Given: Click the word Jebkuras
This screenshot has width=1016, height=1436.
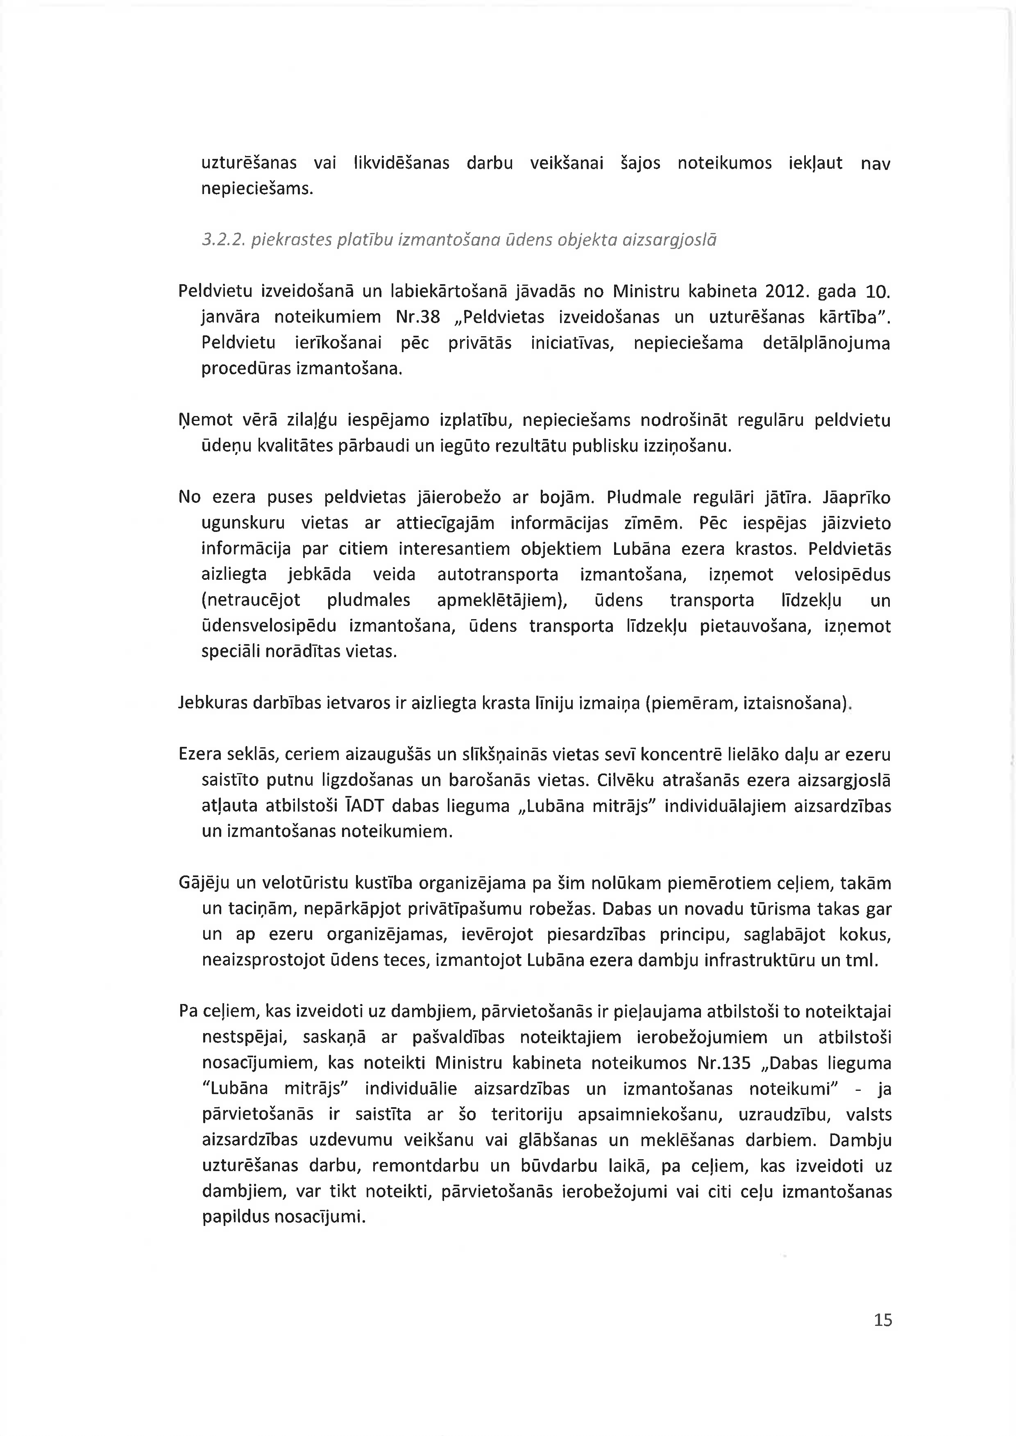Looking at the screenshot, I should click(213, 703).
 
